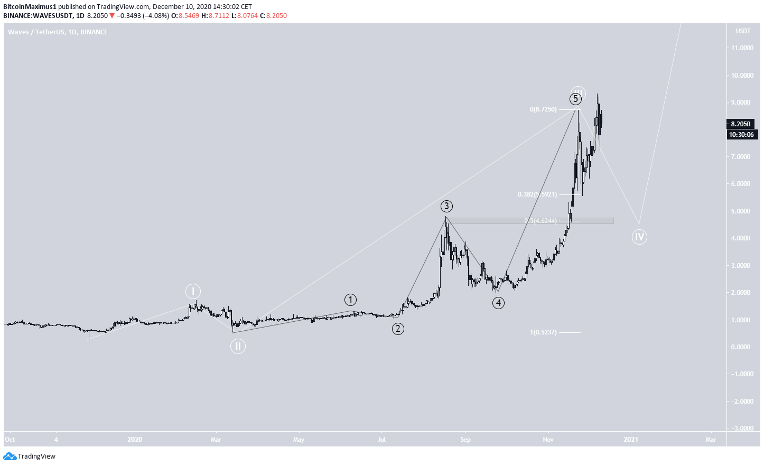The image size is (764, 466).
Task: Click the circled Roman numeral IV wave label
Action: [639, 237]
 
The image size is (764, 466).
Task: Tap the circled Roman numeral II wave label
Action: [238, 346]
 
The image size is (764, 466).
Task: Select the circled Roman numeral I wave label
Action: [193, 291]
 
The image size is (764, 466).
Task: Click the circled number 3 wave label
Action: [446, 206]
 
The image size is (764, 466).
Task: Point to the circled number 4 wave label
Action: [498, 303]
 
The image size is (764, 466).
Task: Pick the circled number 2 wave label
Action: [398, 329]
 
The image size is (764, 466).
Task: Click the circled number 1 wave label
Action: [350, 300]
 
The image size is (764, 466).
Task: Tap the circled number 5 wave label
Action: [575, 99]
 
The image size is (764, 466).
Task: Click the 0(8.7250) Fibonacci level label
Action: [543, 109]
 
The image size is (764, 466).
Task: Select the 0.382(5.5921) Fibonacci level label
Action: [537, 194]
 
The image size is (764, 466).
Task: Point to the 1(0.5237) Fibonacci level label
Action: [543, 332]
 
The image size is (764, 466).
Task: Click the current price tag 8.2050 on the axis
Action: [740, 124]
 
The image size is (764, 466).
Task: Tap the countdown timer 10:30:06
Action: [741, 135]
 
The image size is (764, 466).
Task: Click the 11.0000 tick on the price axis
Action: [742, 48]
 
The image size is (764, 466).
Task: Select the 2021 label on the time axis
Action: [630, 439]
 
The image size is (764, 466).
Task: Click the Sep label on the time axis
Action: [465, 439]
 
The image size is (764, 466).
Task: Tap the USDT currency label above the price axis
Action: [743, 31]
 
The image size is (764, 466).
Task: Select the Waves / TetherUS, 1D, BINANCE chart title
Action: [58, 32]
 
